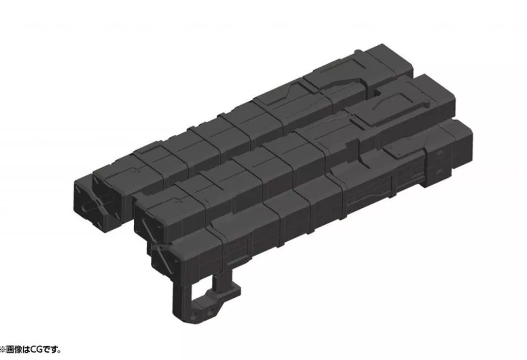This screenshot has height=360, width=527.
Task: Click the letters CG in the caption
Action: (37, 350)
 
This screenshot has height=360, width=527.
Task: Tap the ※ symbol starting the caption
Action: (3, 350)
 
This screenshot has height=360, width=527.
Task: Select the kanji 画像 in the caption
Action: (15, 350)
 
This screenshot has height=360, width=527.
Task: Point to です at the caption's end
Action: (52, 350)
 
